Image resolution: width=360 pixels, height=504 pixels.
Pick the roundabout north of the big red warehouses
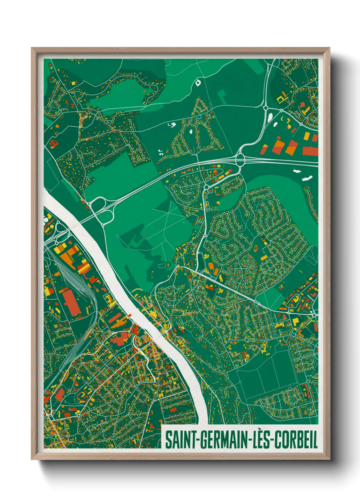[265, 108]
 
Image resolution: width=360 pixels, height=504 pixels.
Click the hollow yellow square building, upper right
[281, 99]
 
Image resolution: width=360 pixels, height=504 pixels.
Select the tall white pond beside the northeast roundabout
[270, 118]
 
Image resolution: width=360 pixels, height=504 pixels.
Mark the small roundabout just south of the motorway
[206, 187]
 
